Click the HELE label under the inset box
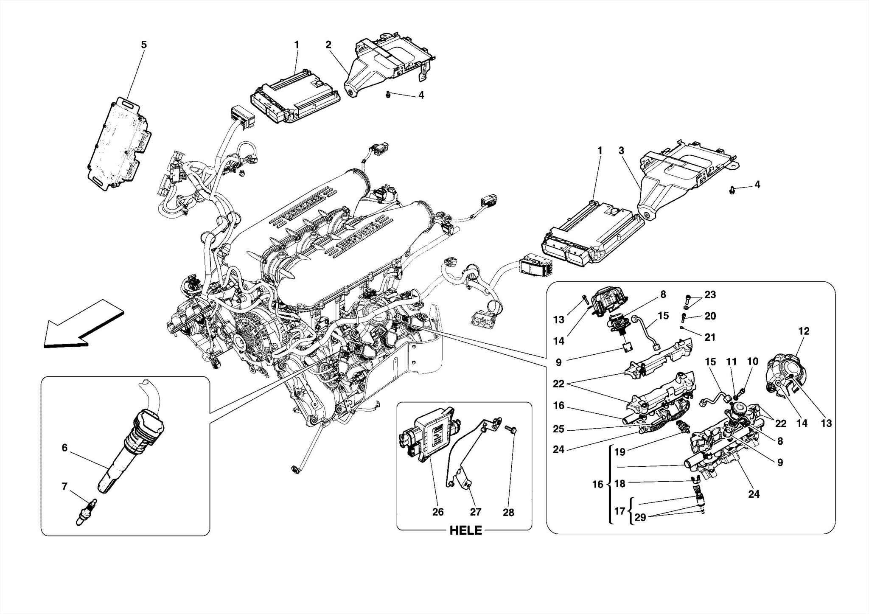click(x=465, y=530)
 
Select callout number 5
click(x=143, y=45)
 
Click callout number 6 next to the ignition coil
click(x=64, y=448)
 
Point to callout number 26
click(x=437, y=512)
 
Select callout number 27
click(x=475, y=512)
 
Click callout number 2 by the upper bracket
click(x=328, y=45)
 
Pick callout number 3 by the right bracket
click(x=621, y=150)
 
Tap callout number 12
click(x=804, y=331)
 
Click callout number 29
click(x=640, y=518)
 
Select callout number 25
click(x=558, y=429)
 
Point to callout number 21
click(x=710, y=337)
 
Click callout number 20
click(x=710, y=316)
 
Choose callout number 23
click(x=710, y=294)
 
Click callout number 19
click(x=620, y=452)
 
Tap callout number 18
click(x=620, y=484)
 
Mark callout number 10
click(x=752, y=362)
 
